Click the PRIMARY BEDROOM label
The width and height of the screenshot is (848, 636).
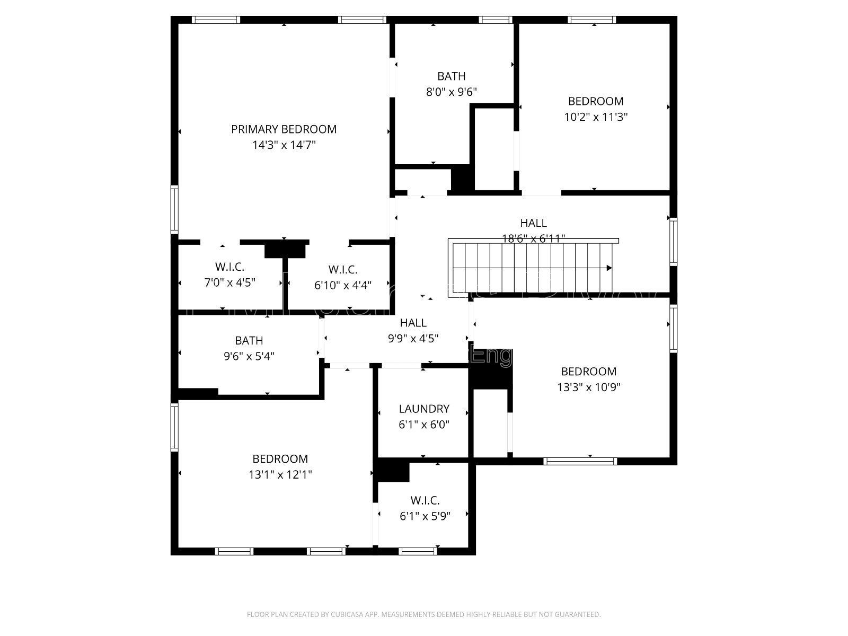pyautogui.click(x=284, y=129)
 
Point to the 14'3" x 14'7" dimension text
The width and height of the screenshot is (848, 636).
pyautogui.click(x=284, y=145)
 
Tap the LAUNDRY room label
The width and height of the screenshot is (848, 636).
pyautogui.click(x=424, y=409)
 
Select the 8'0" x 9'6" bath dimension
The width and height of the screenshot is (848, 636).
pyautogui.click(x=452, y=92)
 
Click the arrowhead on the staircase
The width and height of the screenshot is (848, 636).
pyautogui.click(x=609, y=268)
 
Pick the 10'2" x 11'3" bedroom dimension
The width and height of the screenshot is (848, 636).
pyautogui.click(x=596, y=117)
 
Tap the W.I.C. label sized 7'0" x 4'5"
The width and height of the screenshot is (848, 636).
pyautogui.click(x=230, y=267)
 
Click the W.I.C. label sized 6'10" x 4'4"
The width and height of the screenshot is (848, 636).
pyautogui.click(x=343, y=269)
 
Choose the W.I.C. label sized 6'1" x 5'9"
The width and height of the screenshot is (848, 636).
pyautogui.click(x=425, y=500)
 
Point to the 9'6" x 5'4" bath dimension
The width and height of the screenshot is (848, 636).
pyautogui.click(x=249, y=356)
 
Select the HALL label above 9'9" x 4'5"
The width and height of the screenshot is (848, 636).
pyautogui.click(x=413, y=322)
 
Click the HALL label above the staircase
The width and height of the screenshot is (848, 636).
pyautogui.click(x=533, y=223)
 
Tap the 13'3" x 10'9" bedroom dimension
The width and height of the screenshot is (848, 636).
pyautogui.click(x=589, y=387)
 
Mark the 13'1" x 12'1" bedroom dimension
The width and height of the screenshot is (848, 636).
pyautogui.click(x=280, y=474)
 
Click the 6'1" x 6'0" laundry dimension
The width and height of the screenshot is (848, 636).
pyautogui.click(x=424, y=424)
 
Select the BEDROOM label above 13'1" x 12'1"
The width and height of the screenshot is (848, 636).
pyautogui.click(x=280, y=459)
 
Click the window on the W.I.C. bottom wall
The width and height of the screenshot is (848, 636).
pyautogui.click(x=418, y=551)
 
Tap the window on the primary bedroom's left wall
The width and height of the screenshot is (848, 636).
pyautogui.click(x=174, y=209)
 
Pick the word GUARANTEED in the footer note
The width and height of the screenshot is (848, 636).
pyautogui.click(x=578, y=615)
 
